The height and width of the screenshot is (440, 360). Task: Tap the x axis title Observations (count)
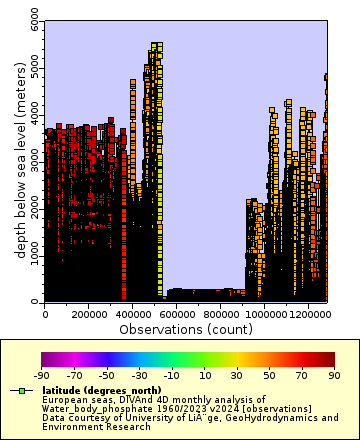click(x=185, y=328)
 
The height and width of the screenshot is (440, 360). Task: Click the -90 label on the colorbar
click(x=42, y=375)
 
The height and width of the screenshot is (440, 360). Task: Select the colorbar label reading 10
click(x=204, y=375)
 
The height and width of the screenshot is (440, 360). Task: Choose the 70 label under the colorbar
click(x=302, y=375)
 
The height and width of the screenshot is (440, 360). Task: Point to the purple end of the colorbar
click(x=46, y=359)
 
